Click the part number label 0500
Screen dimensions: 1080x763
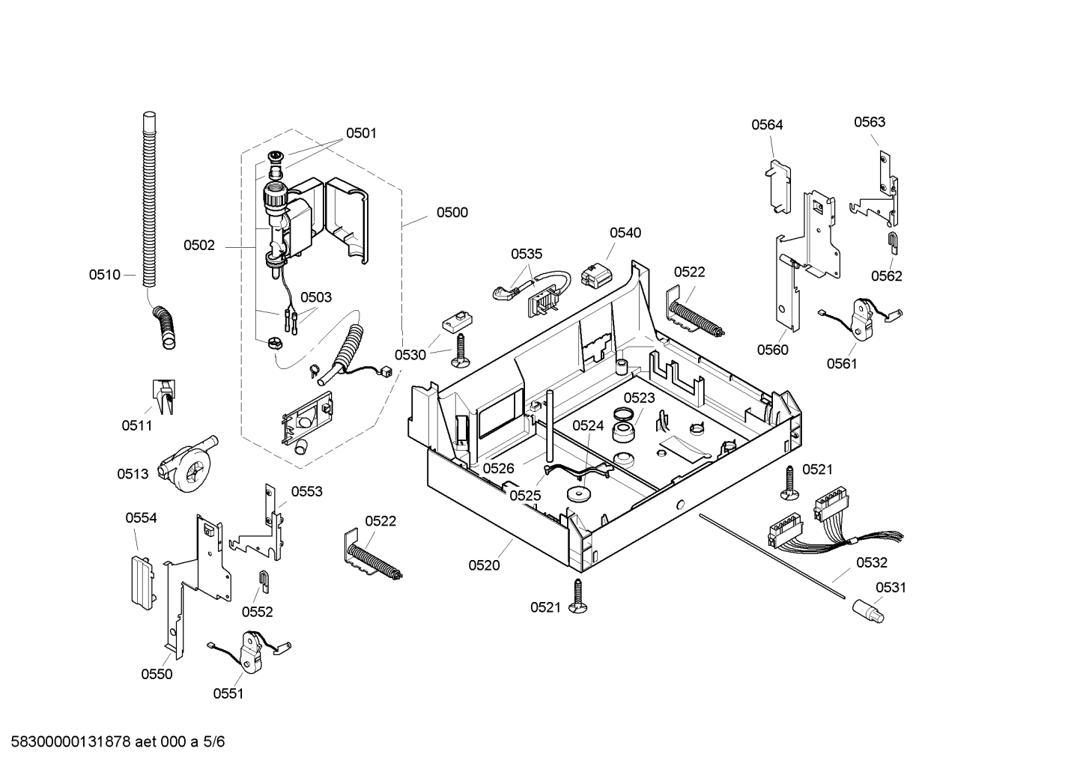point(452,213)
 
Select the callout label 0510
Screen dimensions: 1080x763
point(104,275)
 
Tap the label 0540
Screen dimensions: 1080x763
point(625,233)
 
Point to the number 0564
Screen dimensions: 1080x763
point(767,125)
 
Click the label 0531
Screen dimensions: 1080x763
point(891,588)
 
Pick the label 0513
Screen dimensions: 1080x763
point(133,474)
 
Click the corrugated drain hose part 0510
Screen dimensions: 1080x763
point(155,227)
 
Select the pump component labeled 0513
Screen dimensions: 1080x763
point(186,463)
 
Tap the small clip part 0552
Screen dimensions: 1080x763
point(264,582)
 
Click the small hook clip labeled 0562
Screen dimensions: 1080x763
point(893,243)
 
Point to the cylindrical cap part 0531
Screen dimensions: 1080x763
point(868,612)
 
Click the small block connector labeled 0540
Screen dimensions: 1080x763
point(596,274)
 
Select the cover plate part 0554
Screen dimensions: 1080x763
point(143,583)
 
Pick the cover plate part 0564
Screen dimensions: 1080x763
point(778,186)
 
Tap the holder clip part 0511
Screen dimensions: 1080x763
point(164,396)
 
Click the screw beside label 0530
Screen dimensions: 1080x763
point(459,351)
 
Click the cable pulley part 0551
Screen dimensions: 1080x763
point(249,650)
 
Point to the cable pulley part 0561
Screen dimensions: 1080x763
point(861,317)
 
